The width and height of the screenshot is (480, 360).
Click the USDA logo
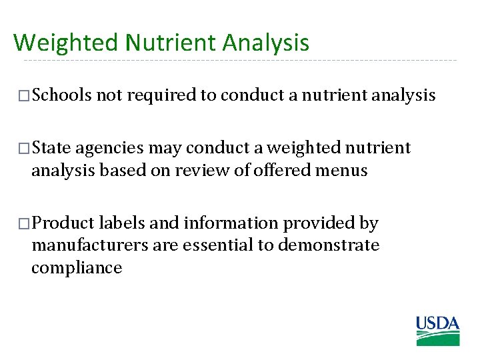438,331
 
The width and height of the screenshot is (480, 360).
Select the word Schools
62,95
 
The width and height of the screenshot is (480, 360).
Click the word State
53,147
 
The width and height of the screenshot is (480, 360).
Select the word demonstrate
328,245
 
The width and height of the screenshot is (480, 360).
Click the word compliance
77,269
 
